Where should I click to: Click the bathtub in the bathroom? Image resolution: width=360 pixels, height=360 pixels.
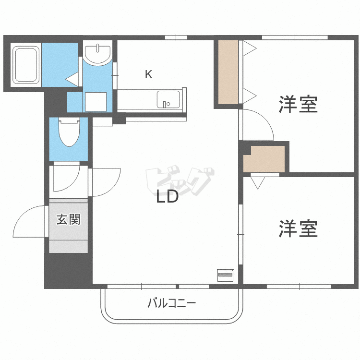(26, 64)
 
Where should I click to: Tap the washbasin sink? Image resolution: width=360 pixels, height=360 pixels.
(97, 53)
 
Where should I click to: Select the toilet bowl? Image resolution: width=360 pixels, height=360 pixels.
(69, 132)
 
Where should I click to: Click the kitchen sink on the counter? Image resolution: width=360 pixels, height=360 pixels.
(168, 99)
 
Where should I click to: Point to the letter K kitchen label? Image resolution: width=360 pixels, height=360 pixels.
(148, 74)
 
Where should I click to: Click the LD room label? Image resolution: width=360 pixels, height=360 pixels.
(167, 196)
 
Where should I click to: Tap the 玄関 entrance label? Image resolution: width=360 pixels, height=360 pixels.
(69, 219)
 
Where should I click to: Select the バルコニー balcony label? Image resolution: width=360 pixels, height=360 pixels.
(171, 303)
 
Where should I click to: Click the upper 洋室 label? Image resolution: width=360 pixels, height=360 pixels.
(298, 105)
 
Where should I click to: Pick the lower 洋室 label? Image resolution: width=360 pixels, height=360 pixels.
(298, 228)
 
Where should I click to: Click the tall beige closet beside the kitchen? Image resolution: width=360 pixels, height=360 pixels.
(228, 72)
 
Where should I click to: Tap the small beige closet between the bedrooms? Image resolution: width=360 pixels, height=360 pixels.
(264, 159)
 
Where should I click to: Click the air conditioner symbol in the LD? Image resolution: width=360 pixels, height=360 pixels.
(226, 275)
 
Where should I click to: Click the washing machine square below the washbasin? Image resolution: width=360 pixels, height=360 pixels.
(96, 102)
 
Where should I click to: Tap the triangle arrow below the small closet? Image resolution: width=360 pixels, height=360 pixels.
(258, 183)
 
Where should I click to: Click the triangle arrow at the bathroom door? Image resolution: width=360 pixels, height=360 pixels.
(72, 79)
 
